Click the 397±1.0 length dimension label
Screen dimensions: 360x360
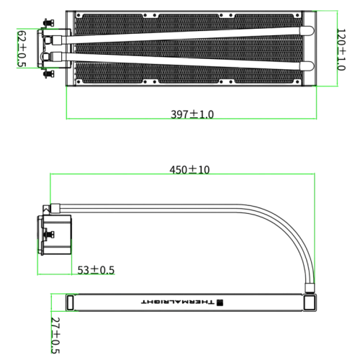tap(192, 114)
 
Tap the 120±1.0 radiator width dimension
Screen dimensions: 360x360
tap(341, 50)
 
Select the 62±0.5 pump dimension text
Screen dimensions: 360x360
tap(22, 48)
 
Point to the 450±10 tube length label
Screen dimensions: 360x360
tap(189, 170)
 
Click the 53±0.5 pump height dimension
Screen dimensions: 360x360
tap(96, 270)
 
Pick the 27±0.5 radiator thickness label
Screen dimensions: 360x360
tap(55, 336)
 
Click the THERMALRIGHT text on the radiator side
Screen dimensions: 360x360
tap(178, 302)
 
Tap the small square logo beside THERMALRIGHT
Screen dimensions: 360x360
tap(220, 302)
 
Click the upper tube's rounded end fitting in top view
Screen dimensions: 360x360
tap(307, 31)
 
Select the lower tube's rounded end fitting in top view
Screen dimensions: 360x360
tap(307, 66)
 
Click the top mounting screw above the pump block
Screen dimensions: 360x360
tap(49, 23)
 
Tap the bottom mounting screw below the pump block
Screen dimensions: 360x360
tap(49, 73)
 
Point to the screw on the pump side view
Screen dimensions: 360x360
tap(49, 234)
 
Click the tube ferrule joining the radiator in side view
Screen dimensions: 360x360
tap(310, 288)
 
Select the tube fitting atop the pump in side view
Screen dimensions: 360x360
tap(55, 208)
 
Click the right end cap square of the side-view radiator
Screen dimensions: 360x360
tap(310, 302)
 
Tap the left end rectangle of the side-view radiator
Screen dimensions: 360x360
tap(70, 302)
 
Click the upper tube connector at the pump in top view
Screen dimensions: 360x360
tap(57, 40)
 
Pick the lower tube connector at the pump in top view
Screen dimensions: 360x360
tap(57, 57)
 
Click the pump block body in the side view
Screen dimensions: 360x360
tap(55, 235)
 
